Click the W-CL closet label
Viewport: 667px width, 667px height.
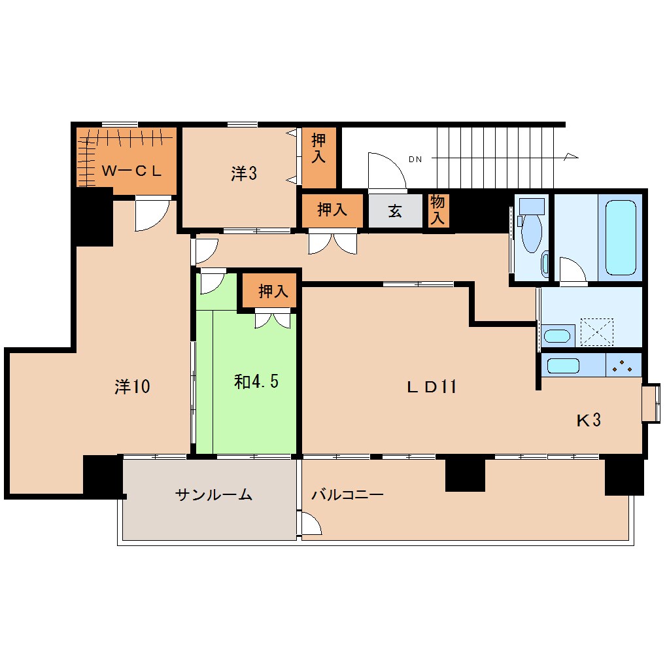pyautogui.click(x=131, y=171)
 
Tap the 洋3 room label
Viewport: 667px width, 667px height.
pyautogui.click(x=243, y=173)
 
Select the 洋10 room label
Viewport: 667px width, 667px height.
pyautogui.click(x=133, y=386)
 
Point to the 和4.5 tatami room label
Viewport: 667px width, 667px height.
pyautogui.click(x=256, y=381)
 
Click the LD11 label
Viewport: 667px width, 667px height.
pyautogui.click(x=431, y=386)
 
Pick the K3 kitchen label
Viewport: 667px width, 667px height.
pyautogui.click(x=588, y=420)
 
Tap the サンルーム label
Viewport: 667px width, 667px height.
pyautogui.click(x=214, y=495)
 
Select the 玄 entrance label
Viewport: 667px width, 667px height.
pyautogui.click(x=395, y=211)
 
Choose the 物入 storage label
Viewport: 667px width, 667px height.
pyautogui.click(x=437, y=211)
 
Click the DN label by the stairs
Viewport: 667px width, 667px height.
pyautogui.click(x=415, y=159)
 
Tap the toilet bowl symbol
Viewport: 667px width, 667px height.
pyautogui.click(x=532, y=233)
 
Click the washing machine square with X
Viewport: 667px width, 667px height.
pyautogui.click(x=596, y=332)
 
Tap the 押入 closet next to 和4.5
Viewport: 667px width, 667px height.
pyautogui.click(x=273, y=291)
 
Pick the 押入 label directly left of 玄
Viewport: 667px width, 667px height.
pyautogui.click(x=332, y=210)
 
